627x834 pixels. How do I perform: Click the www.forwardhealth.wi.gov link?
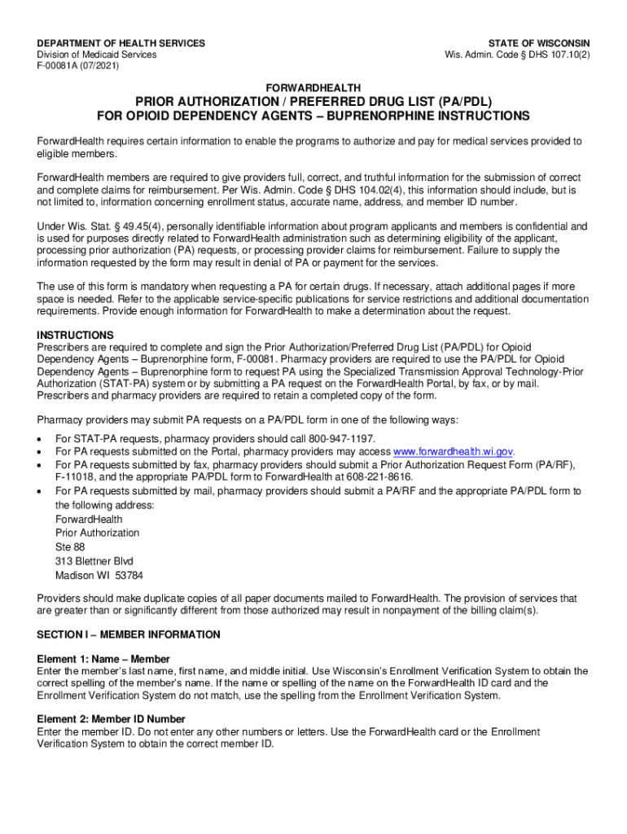(x=454, y=451)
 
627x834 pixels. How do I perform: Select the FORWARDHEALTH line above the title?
(x=313, y=87)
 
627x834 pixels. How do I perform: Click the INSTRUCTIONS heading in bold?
(x=76, y=335)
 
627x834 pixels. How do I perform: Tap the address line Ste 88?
(x=70, y=547)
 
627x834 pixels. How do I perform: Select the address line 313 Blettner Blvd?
(x=94, y=561)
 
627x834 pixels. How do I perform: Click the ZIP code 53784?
(x=129, y=575)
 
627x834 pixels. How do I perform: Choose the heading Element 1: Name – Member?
(x=103, y=659)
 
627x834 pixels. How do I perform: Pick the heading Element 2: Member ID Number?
(x=111, y=719)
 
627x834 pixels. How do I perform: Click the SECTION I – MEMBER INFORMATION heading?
(x=129, y=634)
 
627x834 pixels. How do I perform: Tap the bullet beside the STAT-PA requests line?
(x=41, y=438)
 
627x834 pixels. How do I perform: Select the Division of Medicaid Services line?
(x=97, y=55)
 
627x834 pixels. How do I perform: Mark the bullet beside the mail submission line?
(x=41, y=491)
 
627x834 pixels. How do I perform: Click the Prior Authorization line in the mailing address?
(x=97, y=533)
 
